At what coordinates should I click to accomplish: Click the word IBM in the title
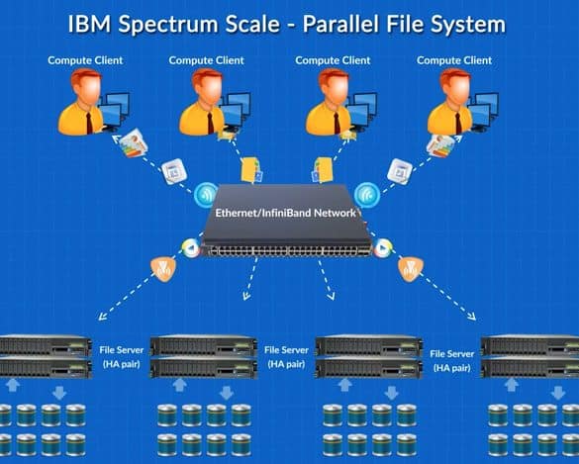point(89,24)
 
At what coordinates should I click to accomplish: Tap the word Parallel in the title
point(340,24)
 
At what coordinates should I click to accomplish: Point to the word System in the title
point(468,26)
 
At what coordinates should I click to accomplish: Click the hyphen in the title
point(291,27)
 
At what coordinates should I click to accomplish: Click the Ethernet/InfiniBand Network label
point(285,213)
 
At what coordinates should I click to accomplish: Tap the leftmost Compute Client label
point(85,60)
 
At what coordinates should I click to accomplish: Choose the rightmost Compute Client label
point(454,60)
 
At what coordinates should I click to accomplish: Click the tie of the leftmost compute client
point(90,123)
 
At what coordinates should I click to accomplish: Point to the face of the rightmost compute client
point(460,91)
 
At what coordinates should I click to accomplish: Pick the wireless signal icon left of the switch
point(206,195)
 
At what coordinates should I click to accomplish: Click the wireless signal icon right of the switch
point(366,195)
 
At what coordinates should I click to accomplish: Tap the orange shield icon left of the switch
point(163,269)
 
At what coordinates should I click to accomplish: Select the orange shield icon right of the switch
point(410,269)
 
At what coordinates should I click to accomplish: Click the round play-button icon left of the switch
point(191,248)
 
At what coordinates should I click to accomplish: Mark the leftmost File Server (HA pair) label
point(122,357)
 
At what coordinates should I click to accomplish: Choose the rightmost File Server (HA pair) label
point(452,361)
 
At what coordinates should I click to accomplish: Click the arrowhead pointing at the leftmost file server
point(103,316)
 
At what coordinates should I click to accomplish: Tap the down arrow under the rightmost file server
point(557,393)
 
